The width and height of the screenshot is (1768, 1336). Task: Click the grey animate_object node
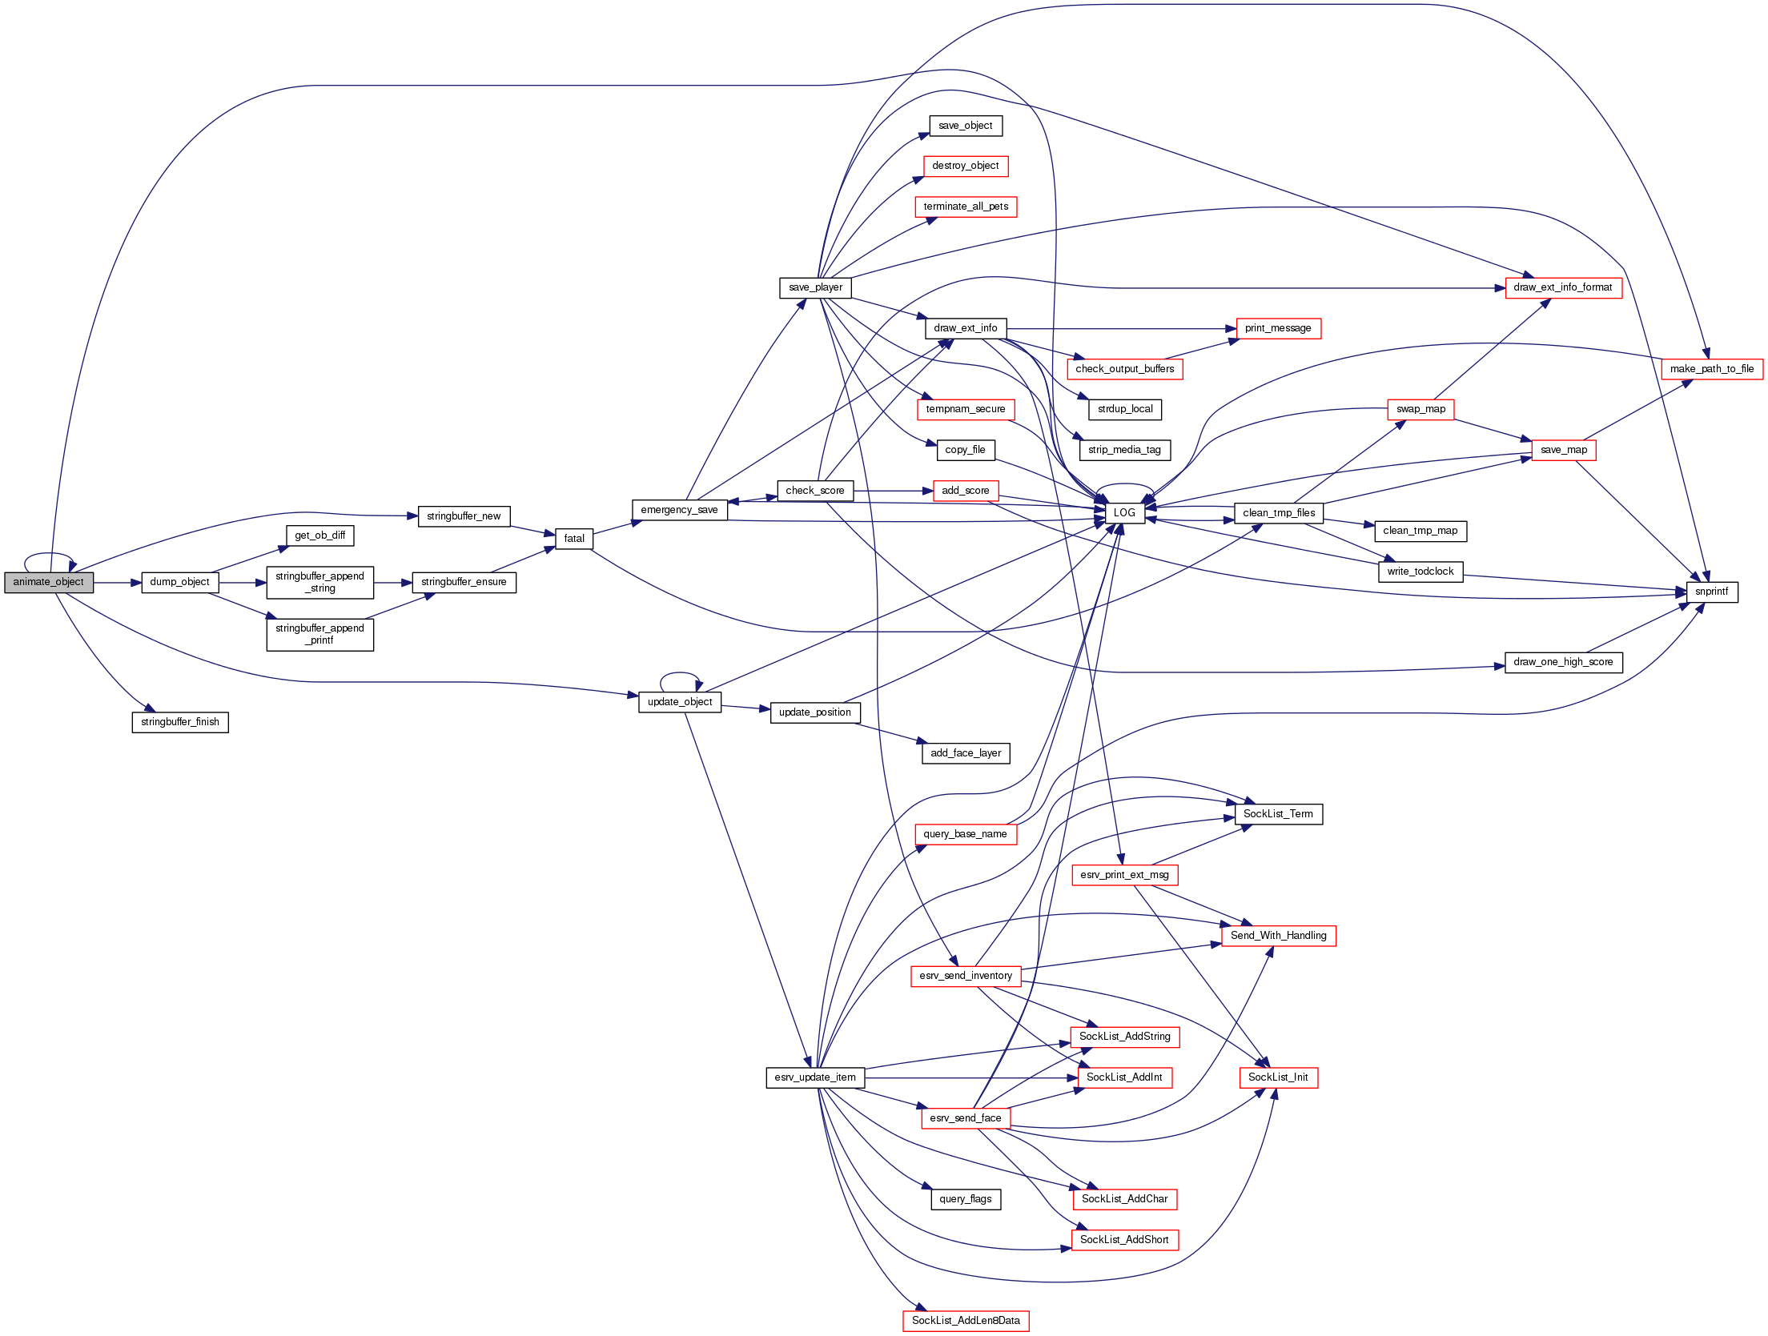[49, 583]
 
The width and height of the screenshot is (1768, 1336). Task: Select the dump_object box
[179, 583]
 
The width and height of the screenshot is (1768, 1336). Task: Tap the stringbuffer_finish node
[180, 722]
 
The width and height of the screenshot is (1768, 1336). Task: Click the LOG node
[1124, 513]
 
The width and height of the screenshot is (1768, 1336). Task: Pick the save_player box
[815, 288]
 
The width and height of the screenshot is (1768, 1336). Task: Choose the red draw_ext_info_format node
[1563, 288]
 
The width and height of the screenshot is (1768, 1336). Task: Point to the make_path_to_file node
[1712, 369]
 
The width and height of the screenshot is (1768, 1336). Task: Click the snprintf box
[1712, 592]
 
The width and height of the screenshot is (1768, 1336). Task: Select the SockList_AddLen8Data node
[966, 1321]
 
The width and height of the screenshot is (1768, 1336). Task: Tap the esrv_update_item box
[815, 1077]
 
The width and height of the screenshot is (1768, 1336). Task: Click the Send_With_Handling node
[1278, 936]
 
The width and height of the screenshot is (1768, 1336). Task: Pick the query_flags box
[966, 1199]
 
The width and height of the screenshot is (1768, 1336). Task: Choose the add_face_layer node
[966, 753]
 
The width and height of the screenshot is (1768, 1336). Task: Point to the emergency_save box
[679, 510]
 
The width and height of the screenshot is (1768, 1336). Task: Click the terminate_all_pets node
[966, 207]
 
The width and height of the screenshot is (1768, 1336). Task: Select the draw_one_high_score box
[1563, 663]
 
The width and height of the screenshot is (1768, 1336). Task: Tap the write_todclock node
[1420, 572]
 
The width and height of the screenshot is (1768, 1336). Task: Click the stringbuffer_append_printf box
[319, 635]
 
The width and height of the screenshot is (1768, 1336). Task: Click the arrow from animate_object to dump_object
[117, 583]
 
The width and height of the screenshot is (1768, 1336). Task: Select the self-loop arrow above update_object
[681, 674]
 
